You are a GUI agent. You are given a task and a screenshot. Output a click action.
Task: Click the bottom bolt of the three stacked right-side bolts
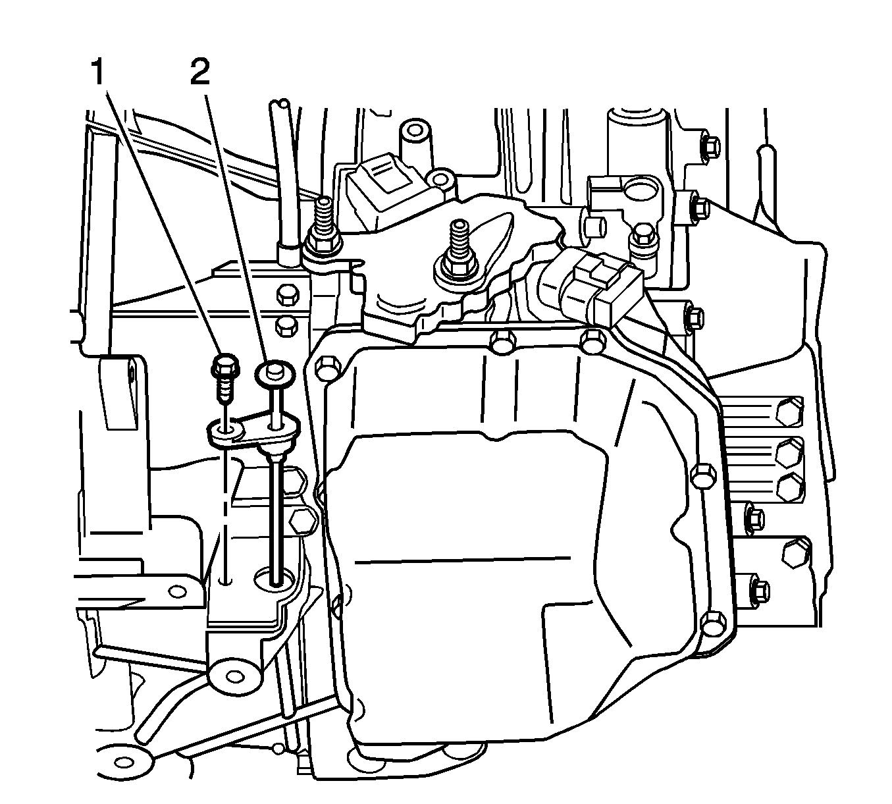click(787, 487)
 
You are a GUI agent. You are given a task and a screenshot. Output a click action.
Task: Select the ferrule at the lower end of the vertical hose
click(288, 254)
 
